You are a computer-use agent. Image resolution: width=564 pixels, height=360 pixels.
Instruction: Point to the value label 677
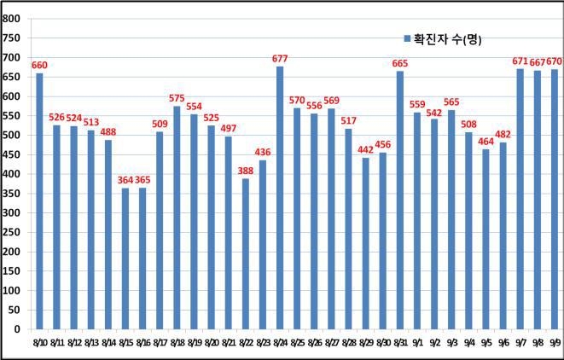pos(280,59)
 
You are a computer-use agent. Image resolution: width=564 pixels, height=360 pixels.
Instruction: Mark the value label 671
pos(520,61)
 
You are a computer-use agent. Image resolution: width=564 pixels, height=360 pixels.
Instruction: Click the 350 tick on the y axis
pos(12,193)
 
